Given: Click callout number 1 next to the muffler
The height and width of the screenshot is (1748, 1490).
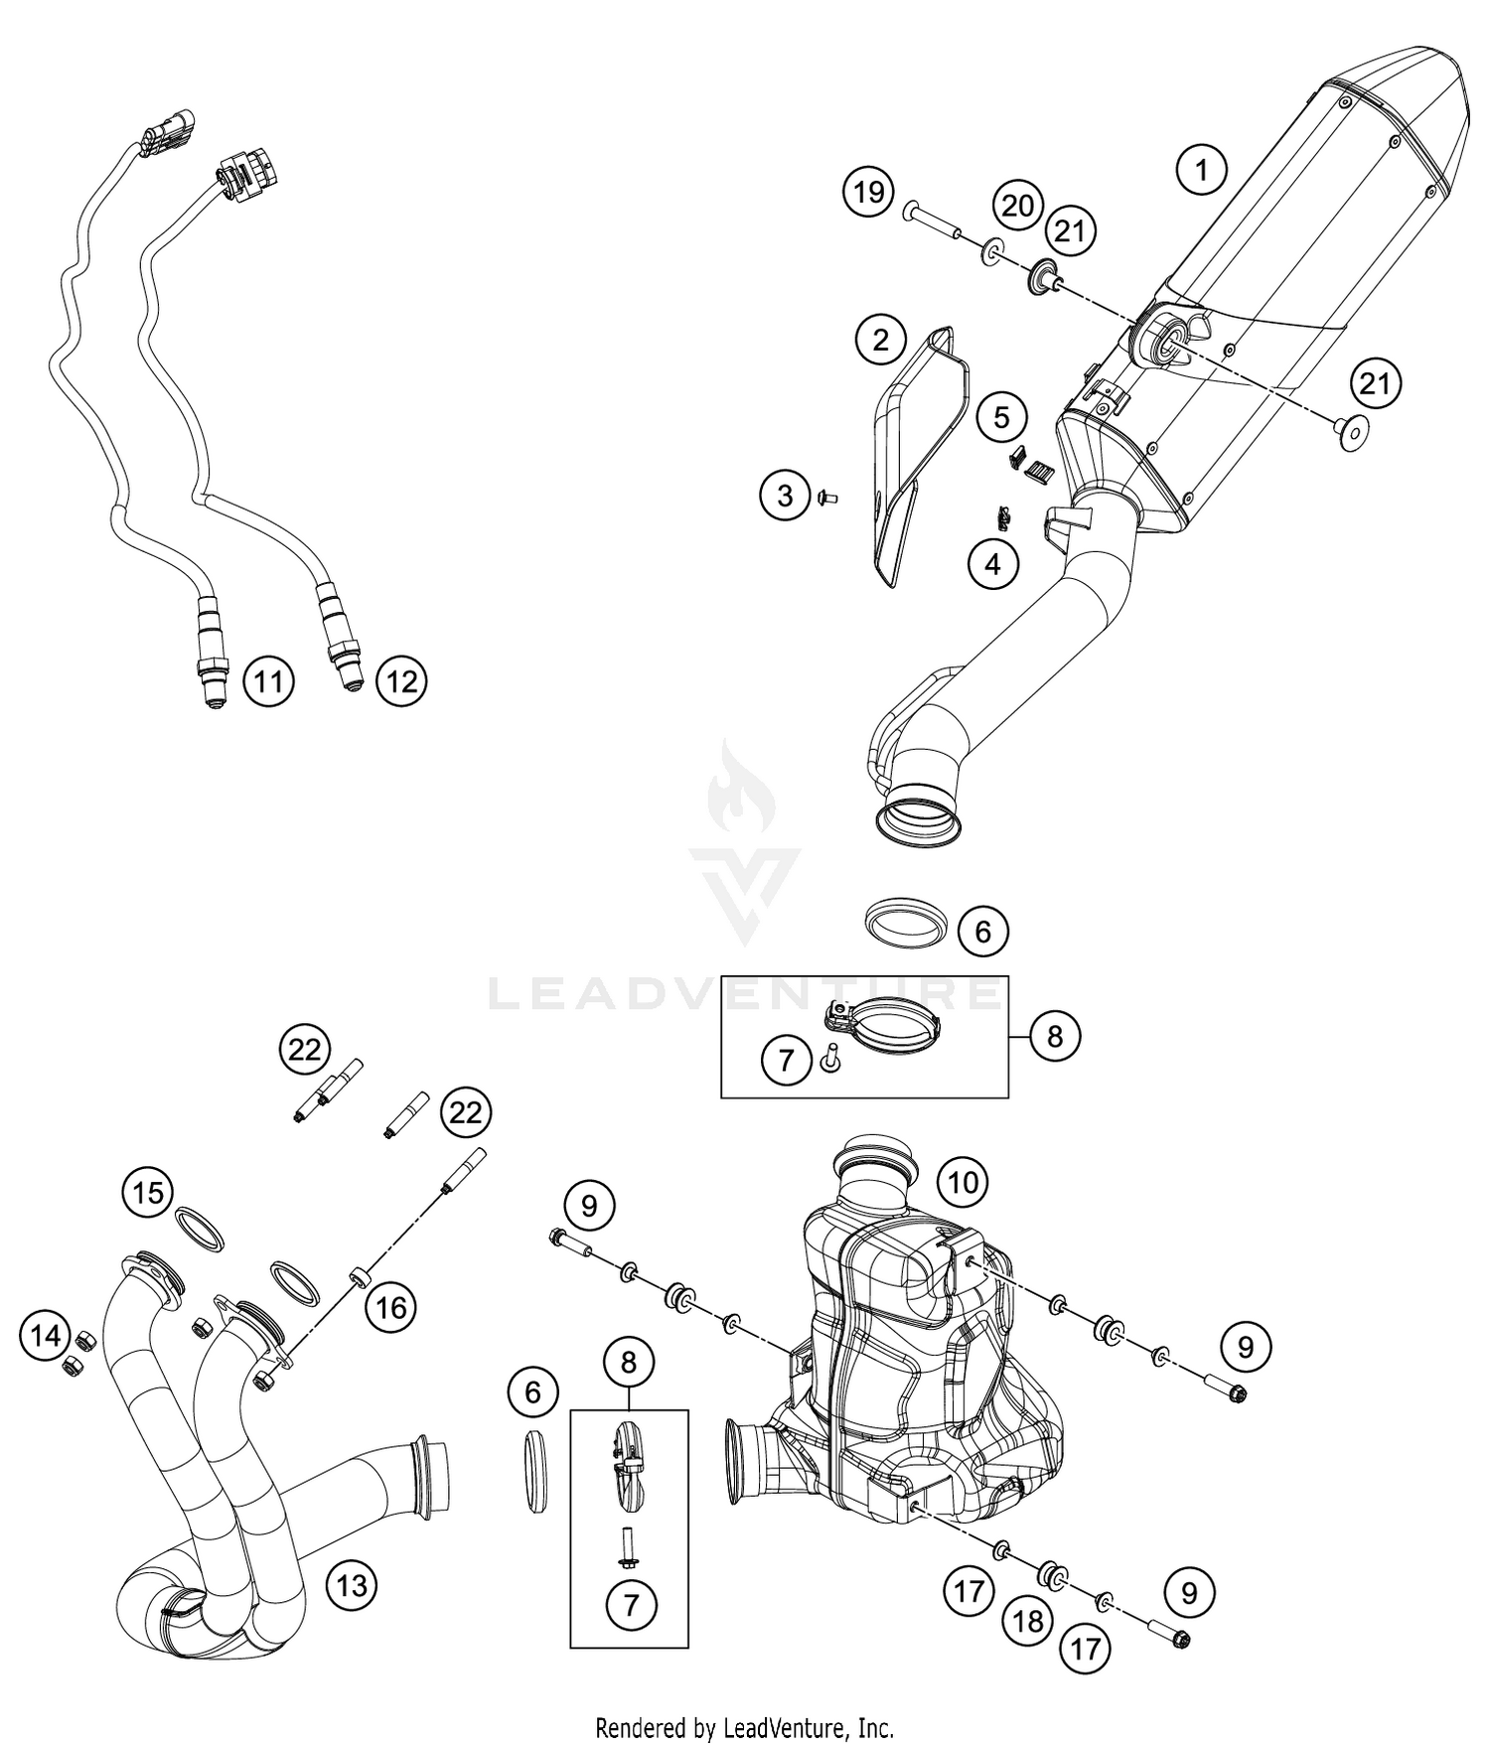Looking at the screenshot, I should point(1201,171).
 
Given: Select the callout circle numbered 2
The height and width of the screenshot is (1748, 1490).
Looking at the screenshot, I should point(880,341).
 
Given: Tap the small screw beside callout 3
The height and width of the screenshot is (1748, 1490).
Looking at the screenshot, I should point(826,496).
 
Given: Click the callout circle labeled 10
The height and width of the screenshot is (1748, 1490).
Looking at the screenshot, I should point(963,1182).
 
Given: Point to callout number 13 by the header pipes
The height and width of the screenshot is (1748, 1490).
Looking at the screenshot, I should point(352,1585).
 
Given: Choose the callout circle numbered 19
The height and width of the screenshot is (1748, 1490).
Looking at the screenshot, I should point(868,192).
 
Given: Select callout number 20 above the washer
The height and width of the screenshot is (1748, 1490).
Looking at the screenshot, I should point(1017,206).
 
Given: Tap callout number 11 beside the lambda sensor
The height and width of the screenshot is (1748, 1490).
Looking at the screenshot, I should point(268,681).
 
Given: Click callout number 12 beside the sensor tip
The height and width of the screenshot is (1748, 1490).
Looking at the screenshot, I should point(401,681).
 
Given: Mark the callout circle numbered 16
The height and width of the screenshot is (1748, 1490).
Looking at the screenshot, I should point(390,1307).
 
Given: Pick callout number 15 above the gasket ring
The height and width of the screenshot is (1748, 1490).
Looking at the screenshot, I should point(148,1192).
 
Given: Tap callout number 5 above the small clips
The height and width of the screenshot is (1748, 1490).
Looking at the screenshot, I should point(1001,417).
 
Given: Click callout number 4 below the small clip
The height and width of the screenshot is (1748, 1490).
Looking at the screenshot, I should point(993,564).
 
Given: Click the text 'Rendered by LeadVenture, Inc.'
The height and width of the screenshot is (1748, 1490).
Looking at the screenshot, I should point(744,1727).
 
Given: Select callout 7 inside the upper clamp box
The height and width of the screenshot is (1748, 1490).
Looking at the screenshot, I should point(786,1060).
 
